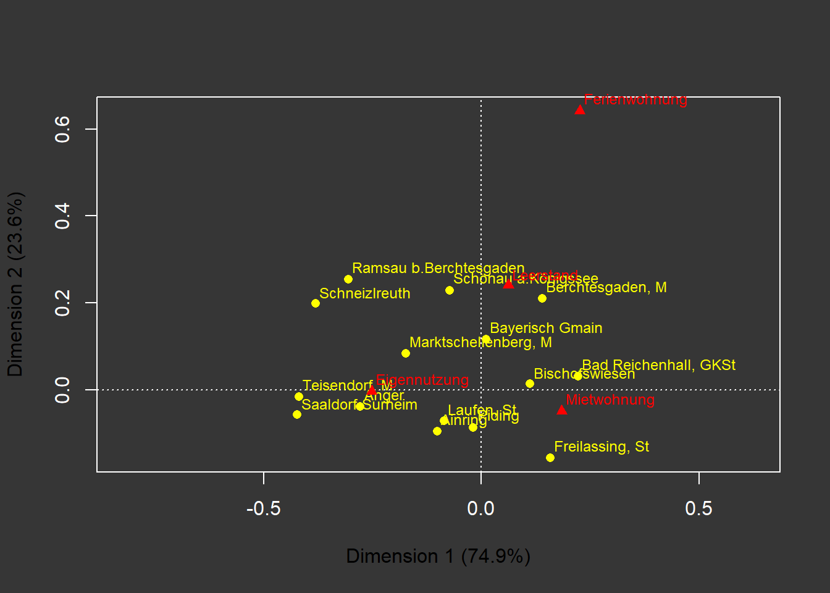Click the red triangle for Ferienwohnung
(x=580, y=110)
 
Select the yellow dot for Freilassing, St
(x=550, y=458)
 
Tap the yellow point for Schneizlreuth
(x=316, y=303)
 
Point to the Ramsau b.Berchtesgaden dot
(x=348, y=279)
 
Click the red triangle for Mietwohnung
(x=562, y=410)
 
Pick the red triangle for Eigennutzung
(x=372, y=391)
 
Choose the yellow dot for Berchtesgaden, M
(x=542, y=298)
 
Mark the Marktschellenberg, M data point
(x=406, y=353)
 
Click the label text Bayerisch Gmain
(x=546, y=328)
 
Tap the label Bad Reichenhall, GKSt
(x=658, y=365)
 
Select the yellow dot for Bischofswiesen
(x=530, y=384)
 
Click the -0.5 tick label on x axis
(x=264, y=508)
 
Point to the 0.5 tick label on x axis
(x=698, y=508)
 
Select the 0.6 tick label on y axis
(x=62, y=129)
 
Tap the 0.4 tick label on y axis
(x=62, y=216)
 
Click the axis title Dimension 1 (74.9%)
(x=438, y=556)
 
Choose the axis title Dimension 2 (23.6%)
(x=15, y=284)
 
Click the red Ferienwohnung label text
(x=635, y=99)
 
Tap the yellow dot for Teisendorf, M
(x=299, y=397)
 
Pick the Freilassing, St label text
(x=602, y=447)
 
